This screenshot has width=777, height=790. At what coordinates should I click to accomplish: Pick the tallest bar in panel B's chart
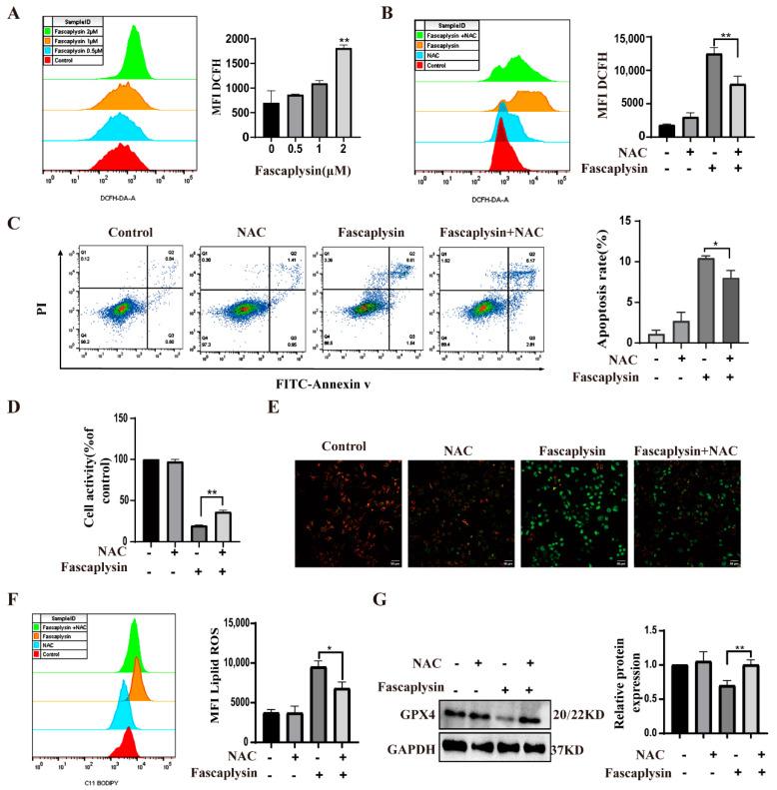click(x=684, y=89)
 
